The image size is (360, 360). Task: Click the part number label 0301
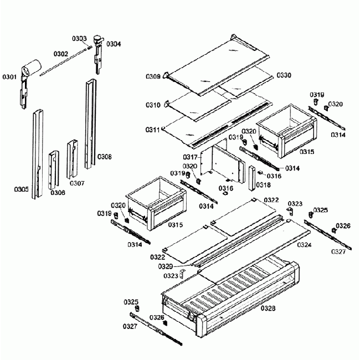point(9,76)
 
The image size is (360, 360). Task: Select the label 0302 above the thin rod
point(60,54)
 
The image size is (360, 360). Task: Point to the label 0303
point(79,39)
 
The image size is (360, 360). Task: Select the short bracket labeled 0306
point(54,168)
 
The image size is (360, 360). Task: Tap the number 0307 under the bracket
point(77,183)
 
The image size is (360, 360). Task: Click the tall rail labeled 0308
point(89,125)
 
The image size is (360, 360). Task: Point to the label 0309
point(153,76)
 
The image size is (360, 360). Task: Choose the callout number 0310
point(153,105)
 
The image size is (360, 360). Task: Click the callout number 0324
point(304,244)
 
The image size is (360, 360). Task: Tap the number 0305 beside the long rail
point(22,189)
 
